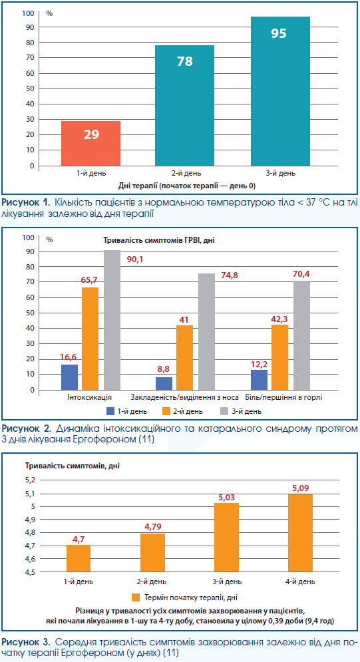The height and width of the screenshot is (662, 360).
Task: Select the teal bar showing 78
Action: (x=184, y=106)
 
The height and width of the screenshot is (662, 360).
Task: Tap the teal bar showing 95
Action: (x=280, y=91)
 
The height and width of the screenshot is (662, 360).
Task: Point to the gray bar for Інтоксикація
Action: (x=112, y=320)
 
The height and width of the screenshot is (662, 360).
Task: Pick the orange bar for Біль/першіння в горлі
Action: (x=280, y=357)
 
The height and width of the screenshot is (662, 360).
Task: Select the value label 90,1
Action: (x=135, y=259)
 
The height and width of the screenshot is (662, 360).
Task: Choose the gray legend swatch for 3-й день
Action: (x=225, y=411)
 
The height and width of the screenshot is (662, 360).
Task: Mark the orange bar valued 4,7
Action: (x=78, y=558)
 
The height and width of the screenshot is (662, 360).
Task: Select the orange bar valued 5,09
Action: (x=301, y=533)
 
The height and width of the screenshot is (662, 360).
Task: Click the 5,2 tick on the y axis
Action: (x=32, y=480)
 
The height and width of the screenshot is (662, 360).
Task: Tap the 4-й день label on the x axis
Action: (x=301, y=581)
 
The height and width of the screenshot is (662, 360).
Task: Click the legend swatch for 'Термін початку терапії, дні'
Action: (x=136, y=597)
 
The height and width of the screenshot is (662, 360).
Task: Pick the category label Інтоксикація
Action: (x=89, y=397)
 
